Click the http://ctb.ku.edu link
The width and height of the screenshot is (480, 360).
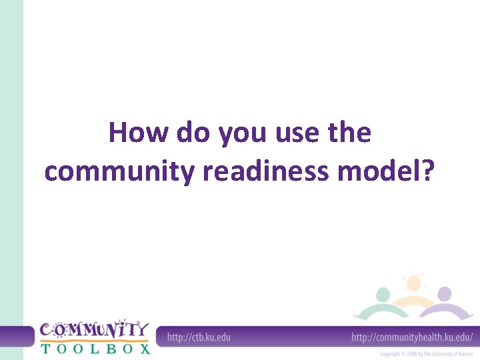(199, 337)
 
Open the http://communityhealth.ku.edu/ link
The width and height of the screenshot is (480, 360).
(411, 337)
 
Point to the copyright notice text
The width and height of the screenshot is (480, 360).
(426, 353)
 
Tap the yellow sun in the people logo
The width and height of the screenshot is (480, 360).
(414, 283)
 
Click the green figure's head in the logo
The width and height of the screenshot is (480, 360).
(383, 294)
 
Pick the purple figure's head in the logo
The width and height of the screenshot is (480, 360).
(445, 294)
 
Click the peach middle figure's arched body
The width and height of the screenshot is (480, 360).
(413, 304)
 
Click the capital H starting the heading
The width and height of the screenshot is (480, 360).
(118, 133)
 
